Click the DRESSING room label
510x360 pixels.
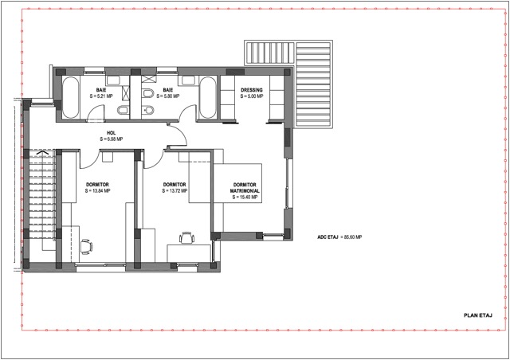coord(252,90)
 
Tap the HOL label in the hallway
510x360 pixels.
coord(112,133)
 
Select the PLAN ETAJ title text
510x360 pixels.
coord(478,315)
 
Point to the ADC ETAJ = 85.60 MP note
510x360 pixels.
coord(339,237)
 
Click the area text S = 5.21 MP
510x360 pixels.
coord(101,96)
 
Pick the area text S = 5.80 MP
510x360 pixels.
coord(168,96)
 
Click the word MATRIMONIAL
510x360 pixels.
coord(245,191)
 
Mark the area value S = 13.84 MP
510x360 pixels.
coord(97,191)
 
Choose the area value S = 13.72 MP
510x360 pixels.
coord(175,191)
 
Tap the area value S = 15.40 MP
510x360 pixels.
coord(245,197)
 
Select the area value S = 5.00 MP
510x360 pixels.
coord(252,96)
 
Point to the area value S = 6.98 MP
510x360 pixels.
coord(112,139)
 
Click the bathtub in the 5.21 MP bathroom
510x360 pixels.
coord(71,97)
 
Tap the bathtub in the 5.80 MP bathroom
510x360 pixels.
coord(207,97)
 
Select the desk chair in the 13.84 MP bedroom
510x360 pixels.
coord(86,246)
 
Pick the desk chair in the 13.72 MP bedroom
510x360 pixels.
coord(186,237)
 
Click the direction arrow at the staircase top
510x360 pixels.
coord(43,152)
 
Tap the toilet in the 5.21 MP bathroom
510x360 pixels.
coord(123,111)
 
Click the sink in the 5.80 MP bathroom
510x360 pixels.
coord(187,80)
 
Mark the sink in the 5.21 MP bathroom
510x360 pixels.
coord(113,80)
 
